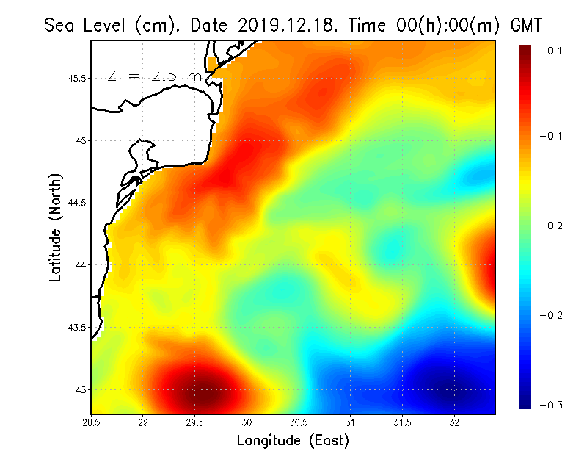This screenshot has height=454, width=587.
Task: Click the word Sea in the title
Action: (x=61, y=25)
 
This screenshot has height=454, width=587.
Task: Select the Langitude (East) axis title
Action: (x=293, y=440)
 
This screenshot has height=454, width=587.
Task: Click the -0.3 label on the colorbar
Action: (x=550, y=405)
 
